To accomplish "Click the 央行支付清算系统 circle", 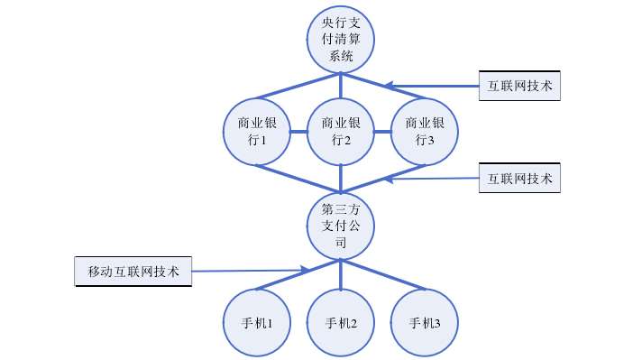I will pos(341,41).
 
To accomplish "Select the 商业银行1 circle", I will pos(257,132).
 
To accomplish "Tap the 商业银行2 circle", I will pos(341,132).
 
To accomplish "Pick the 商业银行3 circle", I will pos(425,132).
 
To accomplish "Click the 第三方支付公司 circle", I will pos(341,225).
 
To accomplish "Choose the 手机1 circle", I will pos(257,323).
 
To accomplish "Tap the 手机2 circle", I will pos(341,323).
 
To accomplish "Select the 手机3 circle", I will pos(425,323).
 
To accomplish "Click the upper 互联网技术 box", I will pos(519,86).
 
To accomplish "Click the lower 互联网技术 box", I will pos(519,177).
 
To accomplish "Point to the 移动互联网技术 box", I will pos(133,271).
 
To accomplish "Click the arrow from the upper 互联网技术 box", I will pos(433,87).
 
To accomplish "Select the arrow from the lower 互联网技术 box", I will pos(433,179).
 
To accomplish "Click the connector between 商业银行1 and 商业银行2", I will pos(298,132).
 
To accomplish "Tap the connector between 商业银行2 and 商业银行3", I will pos(382,132).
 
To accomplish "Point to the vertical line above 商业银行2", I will pos(341,87).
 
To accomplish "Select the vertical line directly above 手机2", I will pos(341,275).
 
